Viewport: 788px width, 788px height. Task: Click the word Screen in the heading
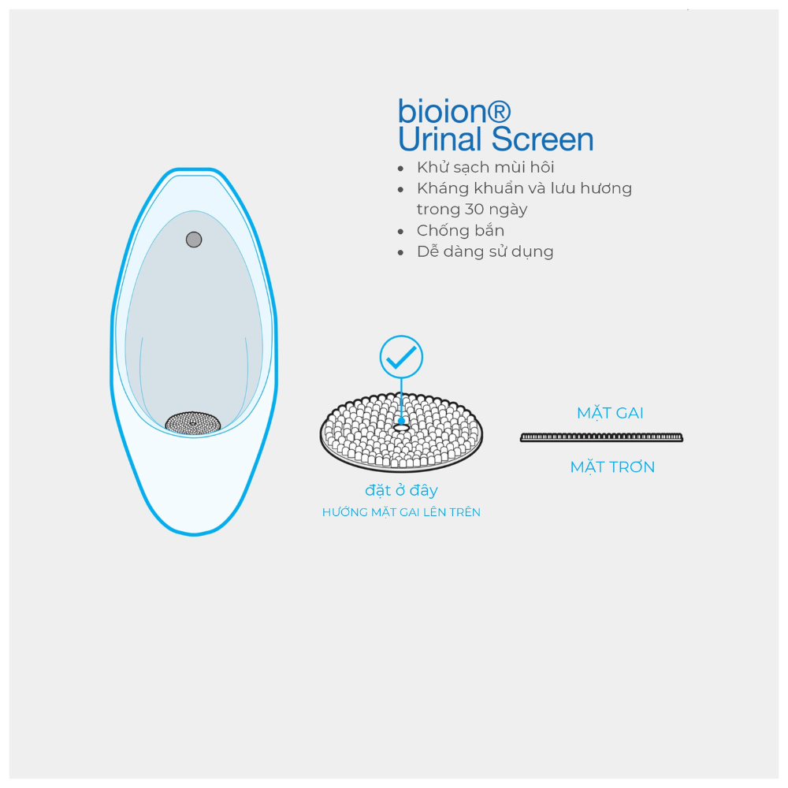coord(542,139)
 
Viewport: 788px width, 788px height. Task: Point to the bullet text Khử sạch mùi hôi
coord(485,167)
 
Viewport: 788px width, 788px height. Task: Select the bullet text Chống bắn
coord(460,230)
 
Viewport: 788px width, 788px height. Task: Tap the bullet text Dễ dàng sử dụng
coord(485,251)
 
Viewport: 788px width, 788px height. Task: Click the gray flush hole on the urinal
coord(194,240)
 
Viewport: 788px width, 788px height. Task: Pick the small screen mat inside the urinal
coord(193,422)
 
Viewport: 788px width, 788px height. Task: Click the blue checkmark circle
coord(401,357)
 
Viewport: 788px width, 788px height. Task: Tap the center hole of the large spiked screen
coord(401,428)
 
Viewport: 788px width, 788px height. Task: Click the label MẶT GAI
coord(610,413)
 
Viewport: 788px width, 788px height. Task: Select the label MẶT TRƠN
coord(612,466)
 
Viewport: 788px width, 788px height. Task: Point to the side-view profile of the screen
coord(601,437)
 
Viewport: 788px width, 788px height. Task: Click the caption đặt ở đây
coord(401,490)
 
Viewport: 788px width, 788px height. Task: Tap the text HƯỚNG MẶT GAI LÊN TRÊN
coord(401,512)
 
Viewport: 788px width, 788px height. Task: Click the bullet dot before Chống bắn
coord(400,232)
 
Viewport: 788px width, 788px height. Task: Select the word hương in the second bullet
coord(606,189)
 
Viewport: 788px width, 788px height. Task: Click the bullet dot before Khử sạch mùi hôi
coord(400,169)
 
